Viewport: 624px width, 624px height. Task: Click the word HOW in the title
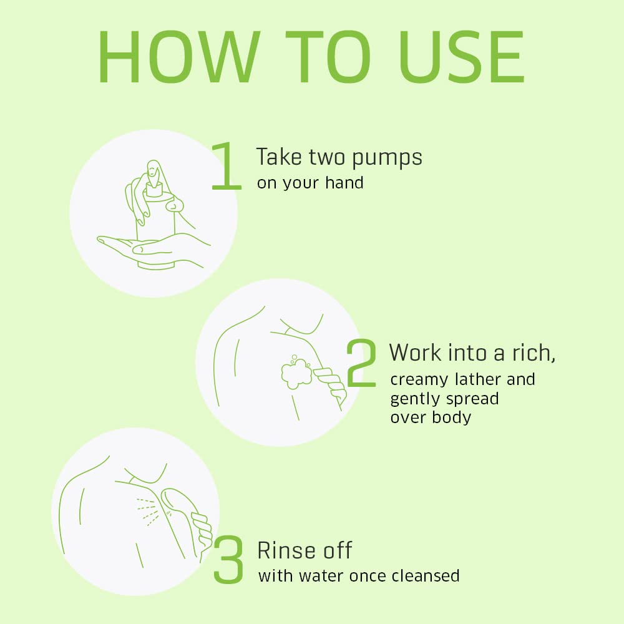pyautogui.click(x=179, y=57)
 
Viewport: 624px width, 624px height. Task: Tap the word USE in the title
pyautogui.click(x=462, y=57)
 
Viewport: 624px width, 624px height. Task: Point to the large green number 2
pyautogui.click(x=361, y=363)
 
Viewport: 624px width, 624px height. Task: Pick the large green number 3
pyautogui.click(x=228, y=560)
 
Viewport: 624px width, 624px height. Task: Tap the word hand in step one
pyautogui.click(x=344, y=183)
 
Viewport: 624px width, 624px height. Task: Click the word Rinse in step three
pyautogui.click(x=285, y=550)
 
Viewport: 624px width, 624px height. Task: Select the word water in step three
pyautogui.click(x=323, y=576)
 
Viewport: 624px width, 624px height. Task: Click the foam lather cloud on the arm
pyautogui.click(x=296, y=372)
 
